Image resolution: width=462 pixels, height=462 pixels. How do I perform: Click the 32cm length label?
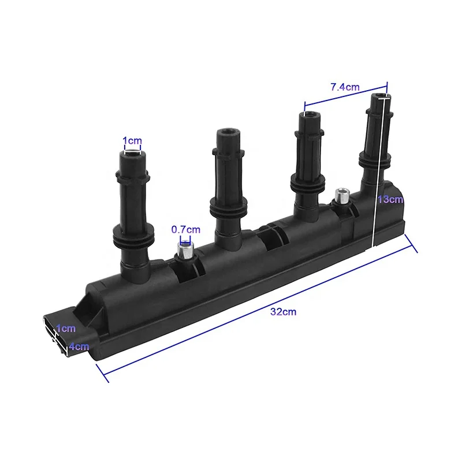coord(283,312)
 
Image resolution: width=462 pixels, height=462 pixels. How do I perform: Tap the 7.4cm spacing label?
coord(345,87)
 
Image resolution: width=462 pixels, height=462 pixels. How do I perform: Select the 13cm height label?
coord(390,199)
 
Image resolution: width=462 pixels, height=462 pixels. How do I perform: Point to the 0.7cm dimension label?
coord(185,229)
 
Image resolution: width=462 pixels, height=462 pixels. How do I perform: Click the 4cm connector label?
coord(79,346)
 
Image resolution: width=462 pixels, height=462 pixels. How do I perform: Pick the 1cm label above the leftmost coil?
coord(132,140)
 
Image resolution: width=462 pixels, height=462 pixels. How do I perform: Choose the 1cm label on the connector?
coord(66,328)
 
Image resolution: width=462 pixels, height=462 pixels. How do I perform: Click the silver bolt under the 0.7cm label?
coord(185,250)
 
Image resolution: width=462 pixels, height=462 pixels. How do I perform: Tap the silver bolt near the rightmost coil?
coord(342,195)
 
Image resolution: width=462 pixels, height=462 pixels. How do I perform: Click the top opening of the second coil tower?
coord(228,131)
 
